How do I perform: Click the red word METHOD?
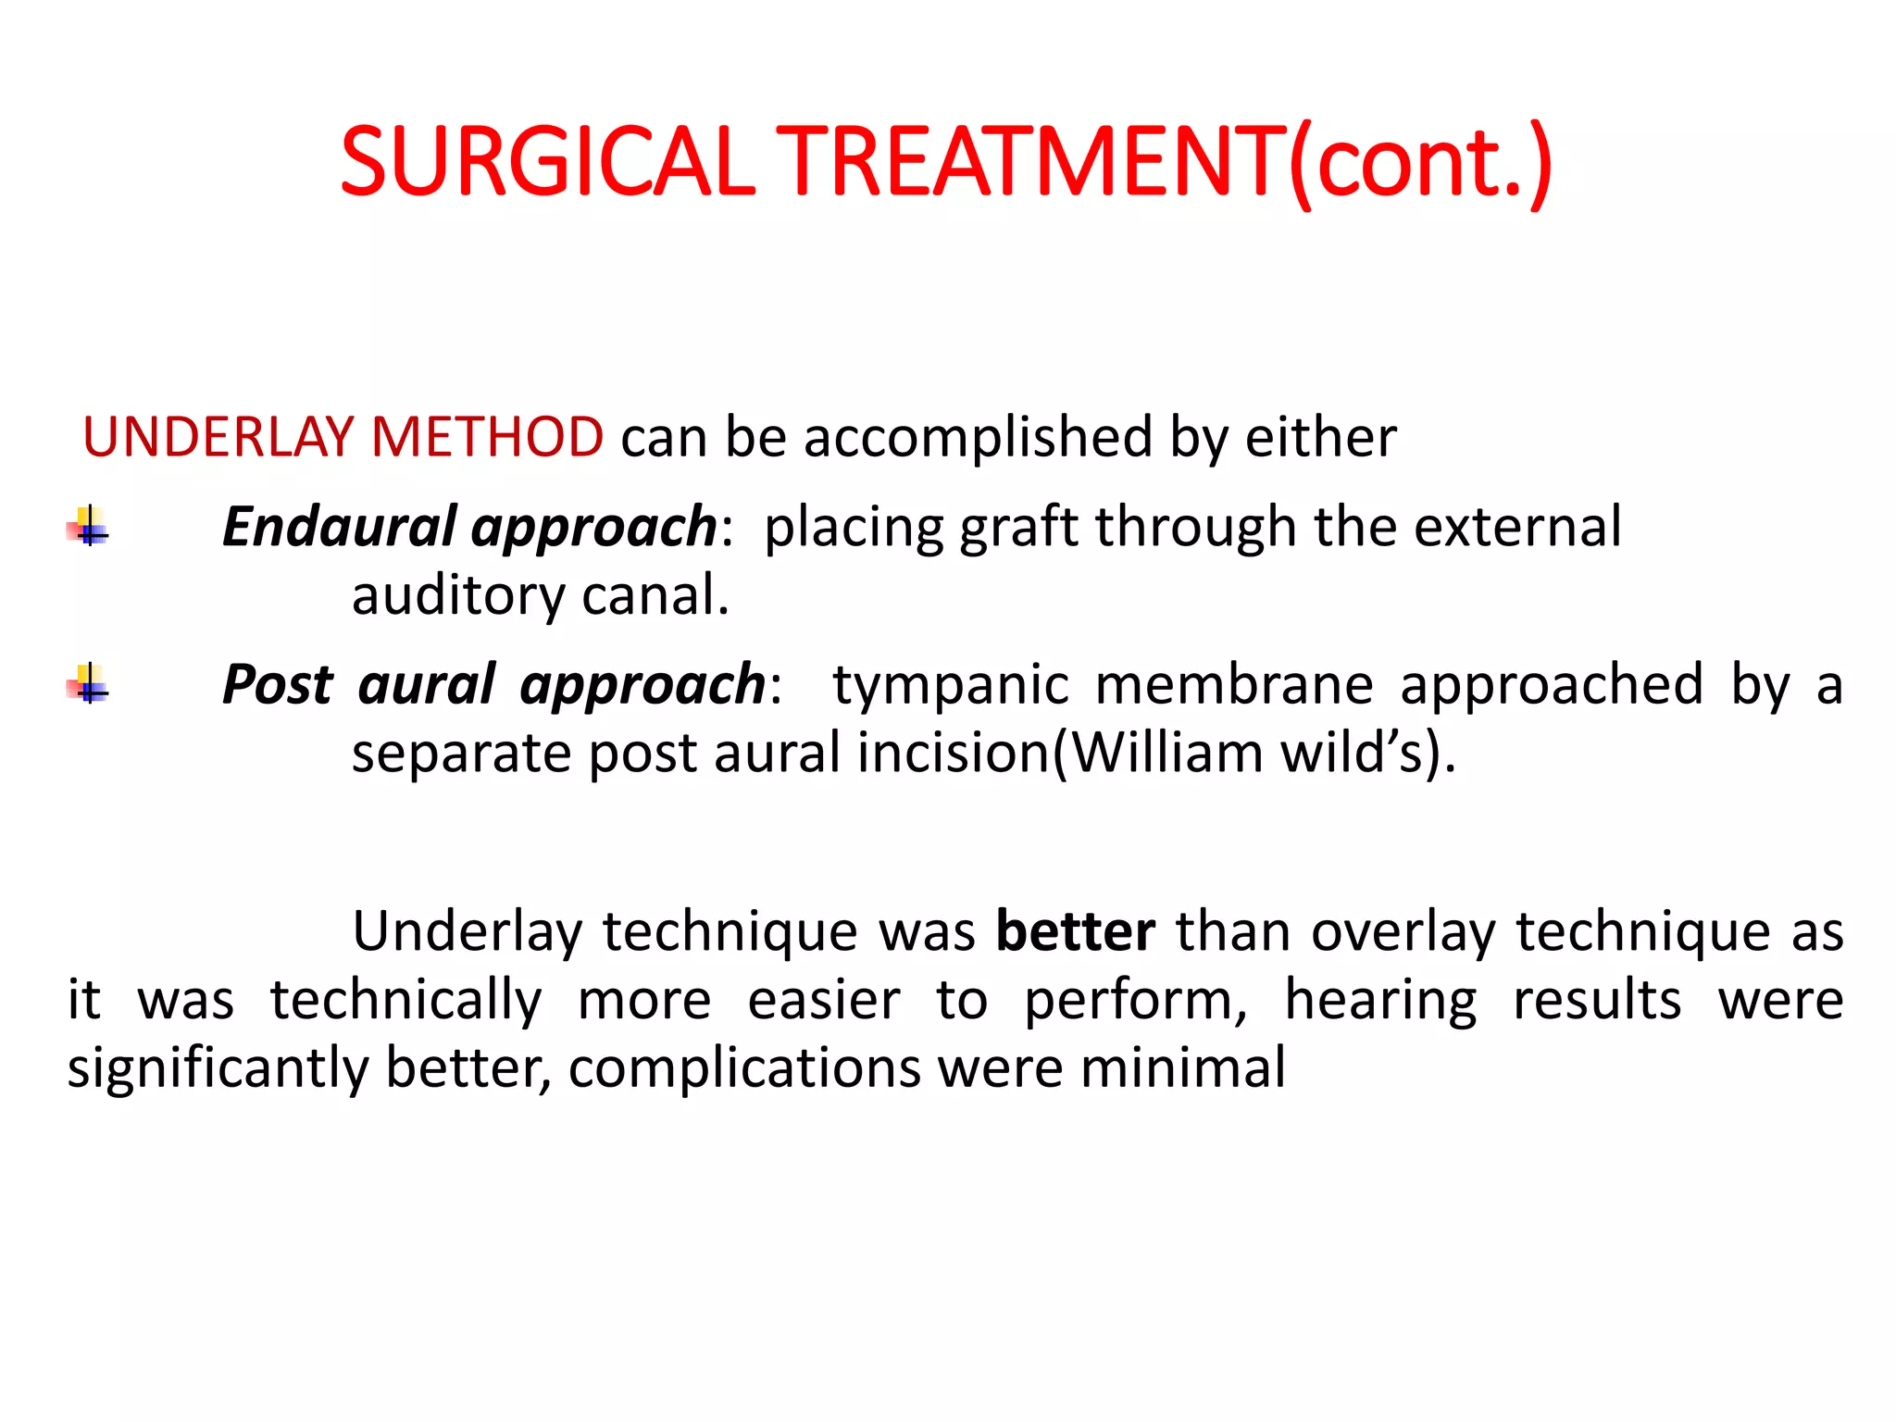point(487,437)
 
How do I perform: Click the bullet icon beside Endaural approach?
point(89,528)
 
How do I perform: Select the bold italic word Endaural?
point(339,526)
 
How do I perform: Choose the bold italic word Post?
point(277,684)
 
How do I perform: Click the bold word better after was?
point(1075,930)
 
